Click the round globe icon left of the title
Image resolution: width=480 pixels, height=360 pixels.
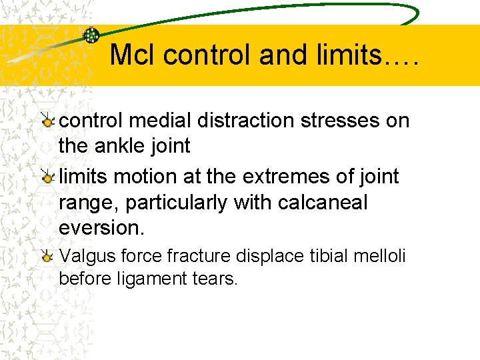[91, 36]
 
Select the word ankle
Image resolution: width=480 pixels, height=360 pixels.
[125, 145]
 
